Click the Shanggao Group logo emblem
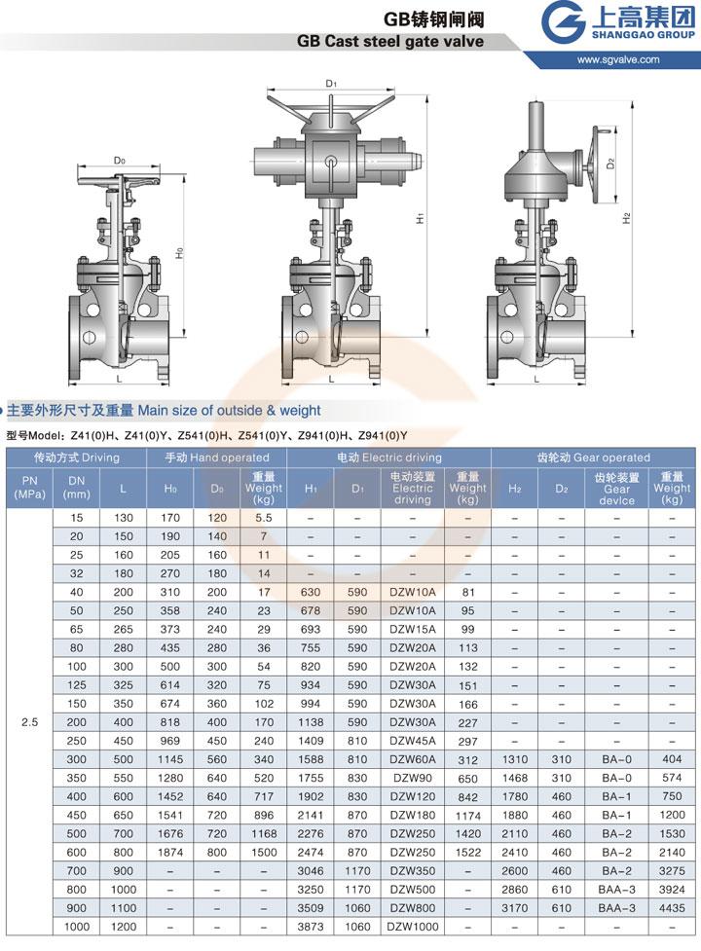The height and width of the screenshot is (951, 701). pos(563,22)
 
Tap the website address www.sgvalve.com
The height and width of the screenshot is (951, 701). pos(618,59)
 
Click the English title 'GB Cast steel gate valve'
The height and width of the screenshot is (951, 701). pos(389,41)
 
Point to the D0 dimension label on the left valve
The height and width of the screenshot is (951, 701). pos(120,160)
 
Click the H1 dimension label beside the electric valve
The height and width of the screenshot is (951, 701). pos(420,218)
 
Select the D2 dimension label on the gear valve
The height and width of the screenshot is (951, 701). pos(610,163)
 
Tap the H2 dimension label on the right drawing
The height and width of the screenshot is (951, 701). pos(626,218)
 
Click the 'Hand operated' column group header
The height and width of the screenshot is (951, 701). pos(216,457)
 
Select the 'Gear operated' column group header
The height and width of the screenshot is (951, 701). pos(593,457)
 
